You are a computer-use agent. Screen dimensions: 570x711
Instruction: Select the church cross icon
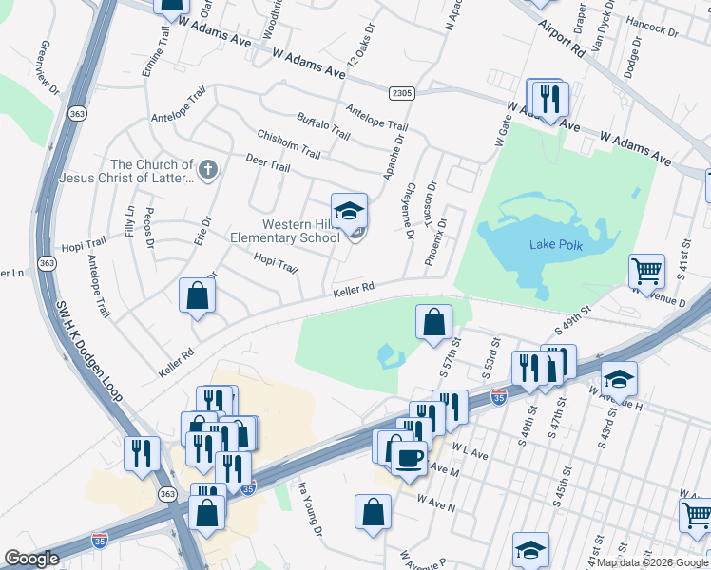207,171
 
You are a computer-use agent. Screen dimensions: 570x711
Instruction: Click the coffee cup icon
409,458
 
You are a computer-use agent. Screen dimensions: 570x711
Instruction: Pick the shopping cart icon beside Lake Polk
646,270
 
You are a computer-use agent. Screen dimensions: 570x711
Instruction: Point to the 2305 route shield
401,92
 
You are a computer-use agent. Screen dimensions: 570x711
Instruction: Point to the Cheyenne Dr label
412,210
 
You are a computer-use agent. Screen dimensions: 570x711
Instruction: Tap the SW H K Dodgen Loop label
93,362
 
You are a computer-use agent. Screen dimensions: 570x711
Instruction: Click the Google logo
31,559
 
